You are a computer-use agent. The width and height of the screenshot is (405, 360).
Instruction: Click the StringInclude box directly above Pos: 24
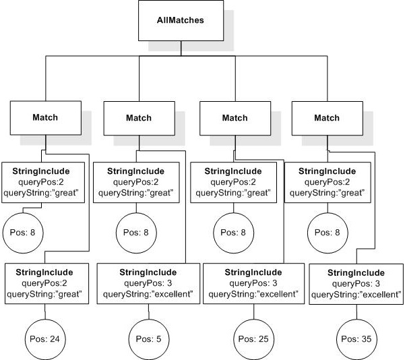pyautogui.click(x=46, y=283)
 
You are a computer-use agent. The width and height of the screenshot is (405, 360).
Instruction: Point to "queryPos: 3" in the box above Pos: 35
pyautogui.click(x=356, y=284)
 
